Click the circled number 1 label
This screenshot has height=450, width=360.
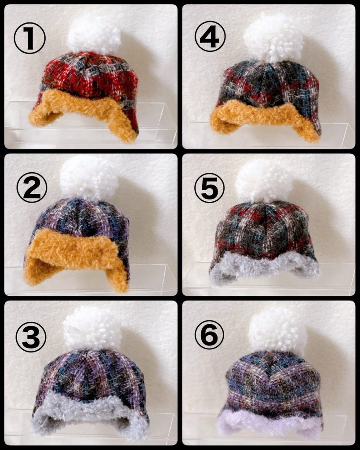click(x=29, y=38)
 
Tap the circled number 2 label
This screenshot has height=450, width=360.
click(x=32, y=187)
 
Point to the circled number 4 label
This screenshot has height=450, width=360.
click(x=210, y=36)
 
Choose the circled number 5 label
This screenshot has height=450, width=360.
click(x=209, y=188)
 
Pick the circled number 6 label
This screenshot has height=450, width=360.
click(x=209, y=334)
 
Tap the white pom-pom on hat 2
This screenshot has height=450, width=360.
click(x=90, y=178)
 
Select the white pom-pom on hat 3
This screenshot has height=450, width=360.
click(x=92, y=328)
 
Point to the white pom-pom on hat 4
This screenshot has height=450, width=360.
click(x=273, y=38)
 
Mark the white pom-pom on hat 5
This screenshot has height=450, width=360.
click(x=264, y=181)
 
